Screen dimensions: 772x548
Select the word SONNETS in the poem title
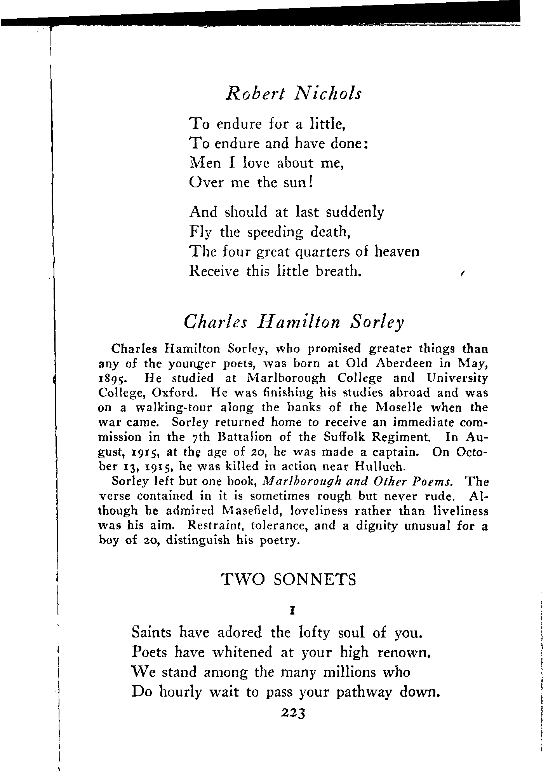[315, 580]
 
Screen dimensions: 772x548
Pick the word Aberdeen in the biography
[404, 363]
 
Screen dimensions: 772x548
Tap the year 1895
[111, 378]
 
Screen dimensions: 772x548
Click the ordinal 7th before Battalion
[199, 437]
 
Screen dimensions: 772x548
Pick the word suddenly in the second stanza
[355, 212]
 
